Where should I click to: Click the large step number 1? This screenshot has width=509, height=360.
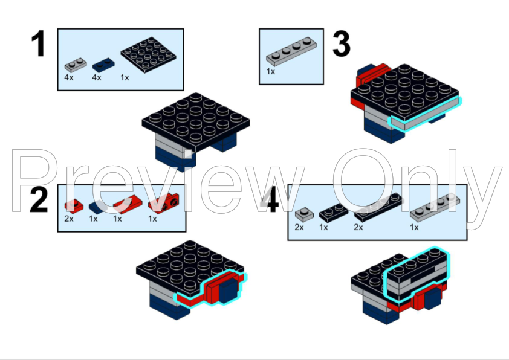tap(38, 43)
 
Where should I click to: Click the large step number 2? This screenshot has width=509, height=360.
tap(39, 200)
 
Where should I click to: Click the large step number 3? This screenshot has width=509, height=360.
tap(342, 43)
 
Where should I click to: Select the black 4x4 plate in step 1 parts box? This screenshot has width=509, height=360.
tap(148, 54)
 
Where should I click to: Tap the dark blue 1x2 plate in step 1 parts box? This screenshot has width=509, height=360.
tap(103, 65)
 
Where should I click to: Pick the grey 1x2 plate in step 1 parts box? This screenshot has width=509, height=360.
tap(76, 65)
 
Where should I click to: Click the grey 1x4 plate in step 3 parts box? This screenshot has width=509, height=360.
tap(291, 51)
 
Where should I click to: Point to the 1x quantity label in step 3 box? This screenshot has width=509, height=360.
tap(271, 71)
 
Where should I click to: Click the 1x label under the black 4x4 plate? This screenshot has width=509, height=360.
tap(125, 77)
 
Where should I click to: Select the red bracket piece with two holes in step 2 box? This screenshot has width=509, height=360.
tap(164, 203)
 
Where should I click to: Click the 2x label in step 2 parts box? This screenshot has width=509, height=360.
tap(69, 219)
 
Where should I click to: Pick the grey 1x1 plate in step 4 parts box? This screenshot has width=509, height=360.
tap(304, 214)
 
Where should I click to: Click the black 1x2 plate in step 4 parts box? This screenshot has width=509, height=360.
tap(333, 213)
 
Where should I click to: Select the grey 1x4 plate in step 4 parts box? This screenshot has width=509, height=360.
tap(435, 208)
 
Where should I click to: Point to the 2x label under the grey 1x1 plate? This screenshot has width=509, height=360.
tap(299, 227)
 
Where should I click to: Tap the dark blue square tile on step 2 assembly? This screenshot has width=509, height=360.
tap(229, 291)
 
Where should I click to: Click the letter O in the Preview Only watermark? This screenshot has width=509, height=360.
tap(363, 181)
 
